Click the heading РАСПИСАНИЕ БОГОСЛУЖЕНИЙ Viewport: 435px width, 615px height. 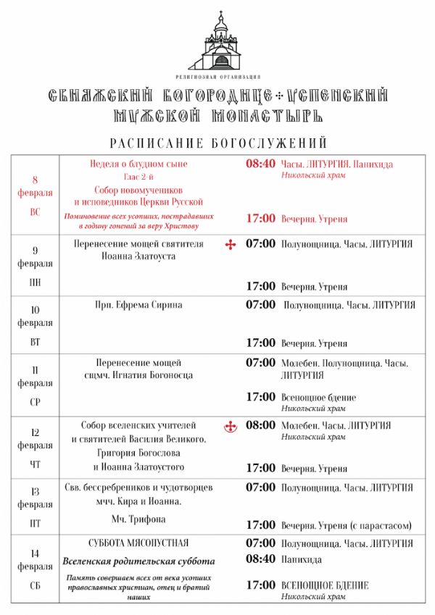click(x=218, y=143)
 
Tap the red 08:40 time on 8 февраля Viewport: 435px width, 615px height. click(x=260, y=164)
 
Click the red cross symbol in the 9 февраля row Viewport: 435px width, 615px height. click(x=231, y=244)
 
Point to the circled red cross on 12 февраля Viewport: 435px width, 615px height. click(x=231, y=426)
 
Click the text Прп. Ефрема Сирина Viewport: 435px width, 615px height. click(x=138, y=305)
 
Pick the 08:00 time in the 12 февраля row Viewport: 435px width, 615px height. click(x=260, y=425)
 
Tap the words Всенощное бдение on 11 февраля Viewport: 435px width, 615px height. click(x=318, y=397)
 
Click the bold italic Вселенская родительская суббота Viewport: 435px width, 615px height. click(x=138, y=561)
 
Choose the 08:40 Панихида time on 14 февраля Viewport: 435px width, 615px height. click(x=260, y=559)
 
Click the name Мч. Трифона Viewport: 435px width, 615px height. click(x=138, y=519)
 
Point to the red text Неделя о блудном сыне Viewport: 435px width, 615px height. click(x=138, y=164)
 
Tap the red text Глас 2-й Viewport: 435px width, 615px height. click(x=138, y=177)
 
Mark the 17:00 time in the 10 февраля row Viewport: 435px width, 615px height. click(x=260, y=342)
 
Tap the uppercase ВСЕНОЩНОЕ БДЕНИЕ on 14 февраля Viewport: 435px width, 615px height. click(x=324, y=585)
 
